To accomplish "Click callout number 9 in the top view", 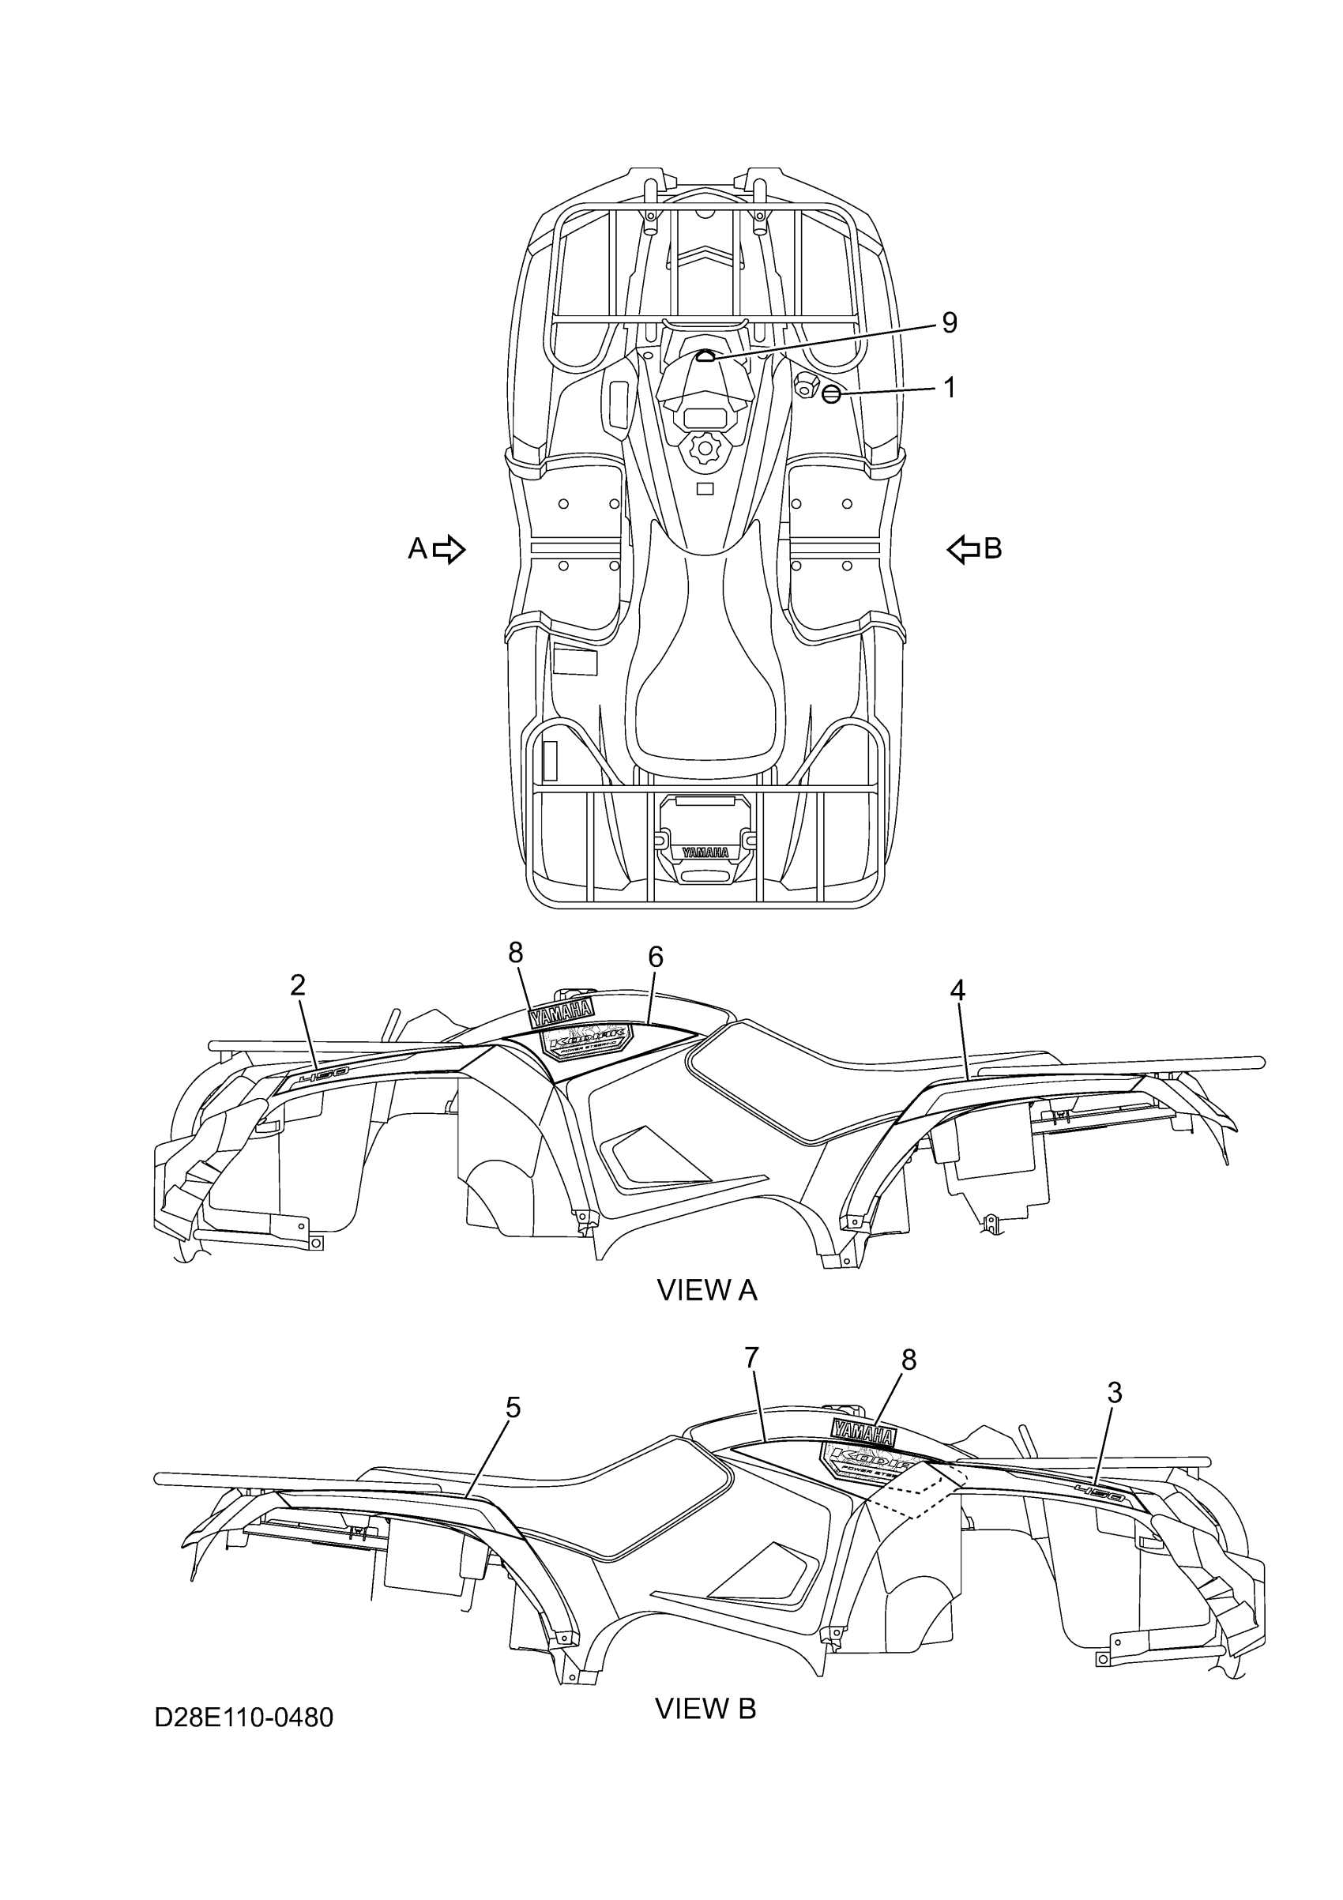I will tap(949, 323).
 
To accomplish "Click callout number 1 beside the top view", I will tap(949, 387).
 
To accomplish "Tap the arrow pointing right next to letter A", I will tap(449, 548).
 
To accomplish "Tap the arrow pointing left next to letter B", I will tap(963, 548).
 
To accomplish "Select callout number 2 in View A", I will tap(298, 984).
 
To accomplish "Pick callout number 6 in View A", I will tap(656, 958).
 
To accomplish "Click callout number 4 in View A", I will tap(957, 990).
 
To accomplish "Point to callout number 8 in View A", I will tap(516, 954).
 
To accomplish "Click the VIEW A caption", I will tap(707, 1290).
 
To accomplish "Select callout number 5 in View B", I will tap(513, 1408).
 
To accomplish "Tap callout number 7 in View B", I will tap(751, 1358).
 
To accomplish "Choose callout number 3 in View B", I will tap(1115, 1394).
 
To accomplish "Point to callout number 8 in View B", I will tap(908, 1360).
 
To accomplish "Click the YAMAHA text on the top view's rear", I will tap(705, 852).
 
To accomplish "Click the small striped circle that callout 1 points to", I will tap(832, 395).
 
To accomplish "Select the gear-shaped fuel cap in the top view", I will tap(705, 450).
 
